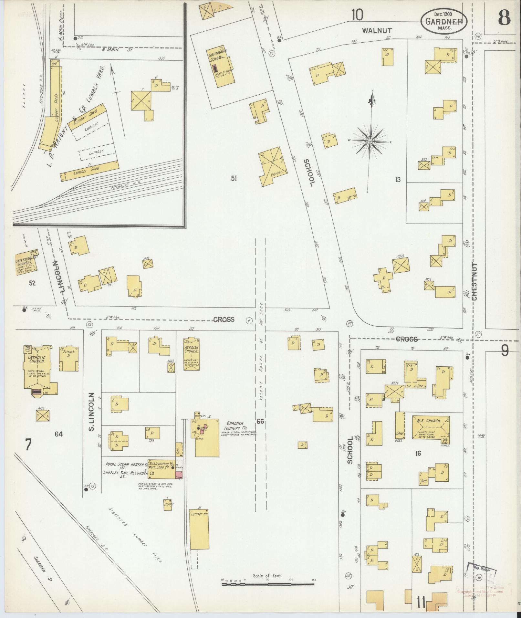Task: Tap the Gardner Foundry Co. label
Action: pos(235,426)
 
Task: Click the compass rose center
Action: pos(370,141)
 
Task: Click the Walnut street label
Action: pos(377,31)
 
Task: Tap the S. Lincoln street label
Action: pos(91,412)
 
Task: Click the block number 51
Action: pos(234,178)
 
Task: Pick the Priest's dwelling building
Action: pos(68,359)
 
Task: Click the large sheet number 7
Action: pos(28,445)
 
